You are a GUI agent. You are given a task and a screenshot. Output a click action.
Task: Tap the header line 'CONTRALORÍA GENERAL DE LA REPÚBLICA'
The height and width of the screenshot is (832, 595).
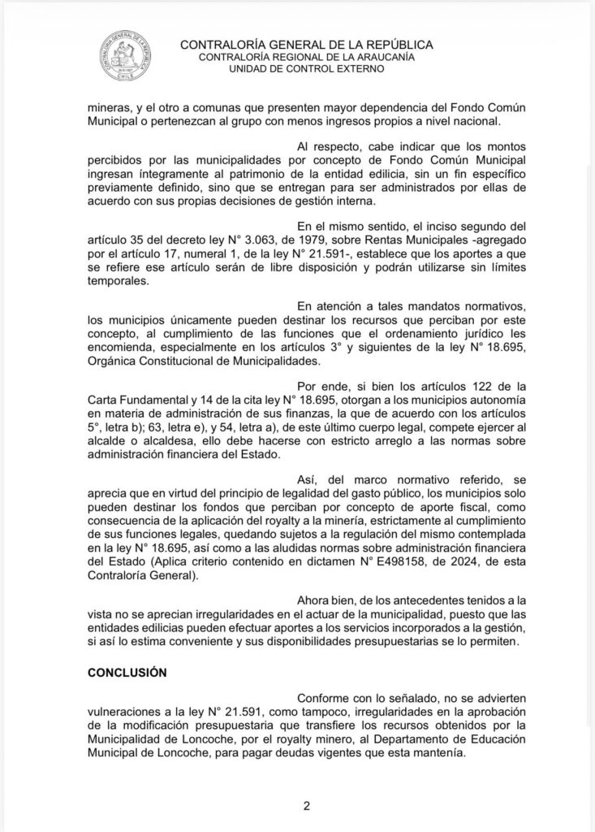(306, 45)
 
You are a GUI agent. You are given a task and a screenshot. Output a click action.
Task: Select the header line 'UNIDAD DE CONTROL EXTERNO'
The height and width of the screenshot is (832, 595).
(306, 69)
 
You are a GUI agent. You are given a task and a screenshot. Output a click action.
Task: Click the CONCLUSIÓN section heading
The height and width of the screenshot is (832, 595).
(127, 674)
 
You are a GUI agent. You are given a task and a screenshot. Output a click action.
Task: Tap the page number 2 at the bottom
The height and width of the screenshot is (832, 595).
(307, 805)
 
